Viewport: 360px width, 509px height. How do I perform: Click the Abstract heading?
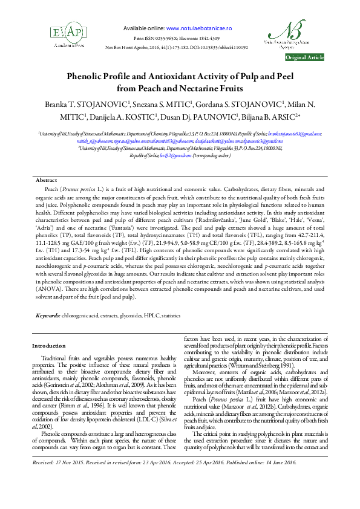47,181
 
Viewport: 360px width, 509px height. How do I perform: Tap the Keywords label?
48,316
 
